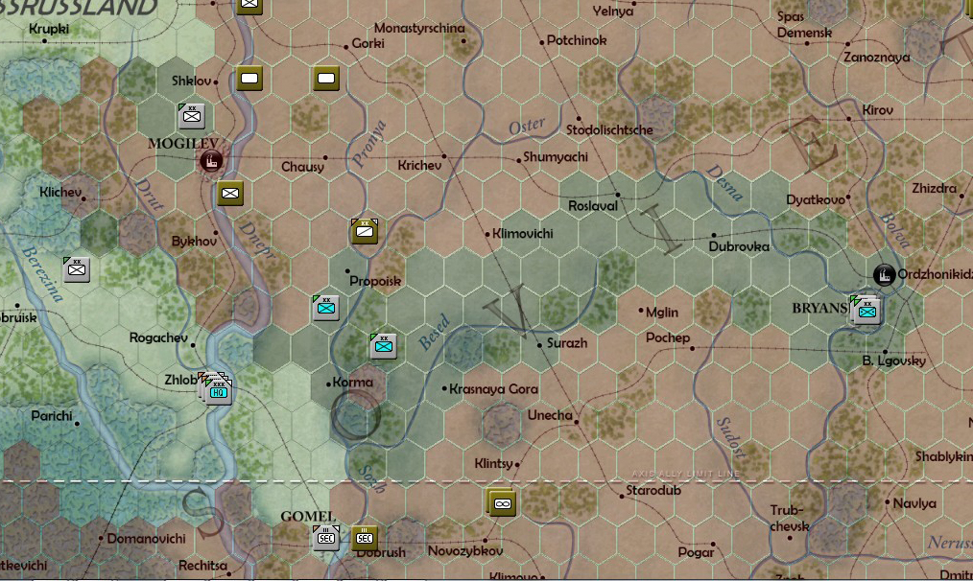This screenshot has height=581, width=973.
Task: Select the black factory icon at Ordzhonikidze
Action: pos(884,275)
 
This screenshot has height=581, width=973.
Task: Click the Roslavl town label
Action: pos(593,206)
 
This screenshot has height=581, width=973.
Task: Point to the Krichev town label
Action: pos(419,166)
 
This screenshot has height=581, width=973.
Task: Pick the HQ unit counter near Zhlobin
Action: pos(218,391)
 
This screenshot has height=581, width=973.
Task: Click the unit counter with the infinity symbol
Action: pos(502,502)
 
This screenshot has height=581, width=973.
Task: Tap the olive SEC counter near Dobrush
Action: pos(365,538)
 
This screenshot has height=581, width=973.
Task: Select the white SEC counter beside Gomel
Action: pos(325,538)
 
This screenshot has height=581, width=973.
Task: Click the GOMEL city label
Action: pos(308,517)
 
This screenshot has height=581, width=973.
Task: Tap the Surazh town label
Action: pos(566,342)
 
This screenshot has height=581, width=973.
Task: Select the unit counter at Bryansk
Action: pos(867,310)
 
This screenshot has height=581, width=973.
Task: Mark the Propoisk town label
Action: pos(375,281)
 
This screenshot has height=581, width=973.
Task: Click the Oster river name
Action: pos(527,127)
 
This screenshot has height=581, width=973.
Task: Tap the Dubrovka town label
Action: pos(739,245)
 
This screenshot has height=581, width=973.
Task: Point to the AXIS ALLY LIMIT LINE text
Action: pos(685,474)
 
